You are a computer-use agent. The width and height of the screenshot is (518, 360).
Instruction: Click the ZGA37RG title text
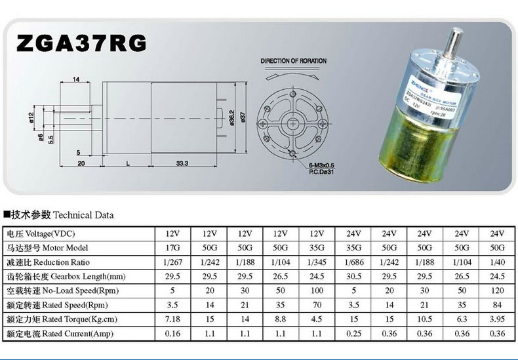[x=81, y=43]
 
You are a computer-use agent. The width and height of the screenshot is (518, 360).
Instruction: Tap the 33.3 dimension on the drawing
[x=182, y=162]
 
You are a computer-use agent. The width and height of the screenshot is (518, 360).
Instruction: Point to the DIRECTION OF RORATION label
[x=293, y=61]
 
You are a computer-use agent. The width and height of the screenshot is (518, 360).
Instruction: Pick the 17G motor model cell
[x=174, y=249]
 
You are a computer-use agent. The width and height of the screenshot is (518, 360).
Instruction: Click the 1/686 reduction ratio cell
[x=353, y=263]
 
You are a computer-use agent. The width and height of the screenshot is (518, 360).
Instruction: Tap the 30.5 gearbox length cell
[x=353, y=277]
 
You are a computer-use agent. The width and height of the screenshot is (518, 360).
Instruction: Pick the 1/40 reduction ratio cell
[x=496, y=263]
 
